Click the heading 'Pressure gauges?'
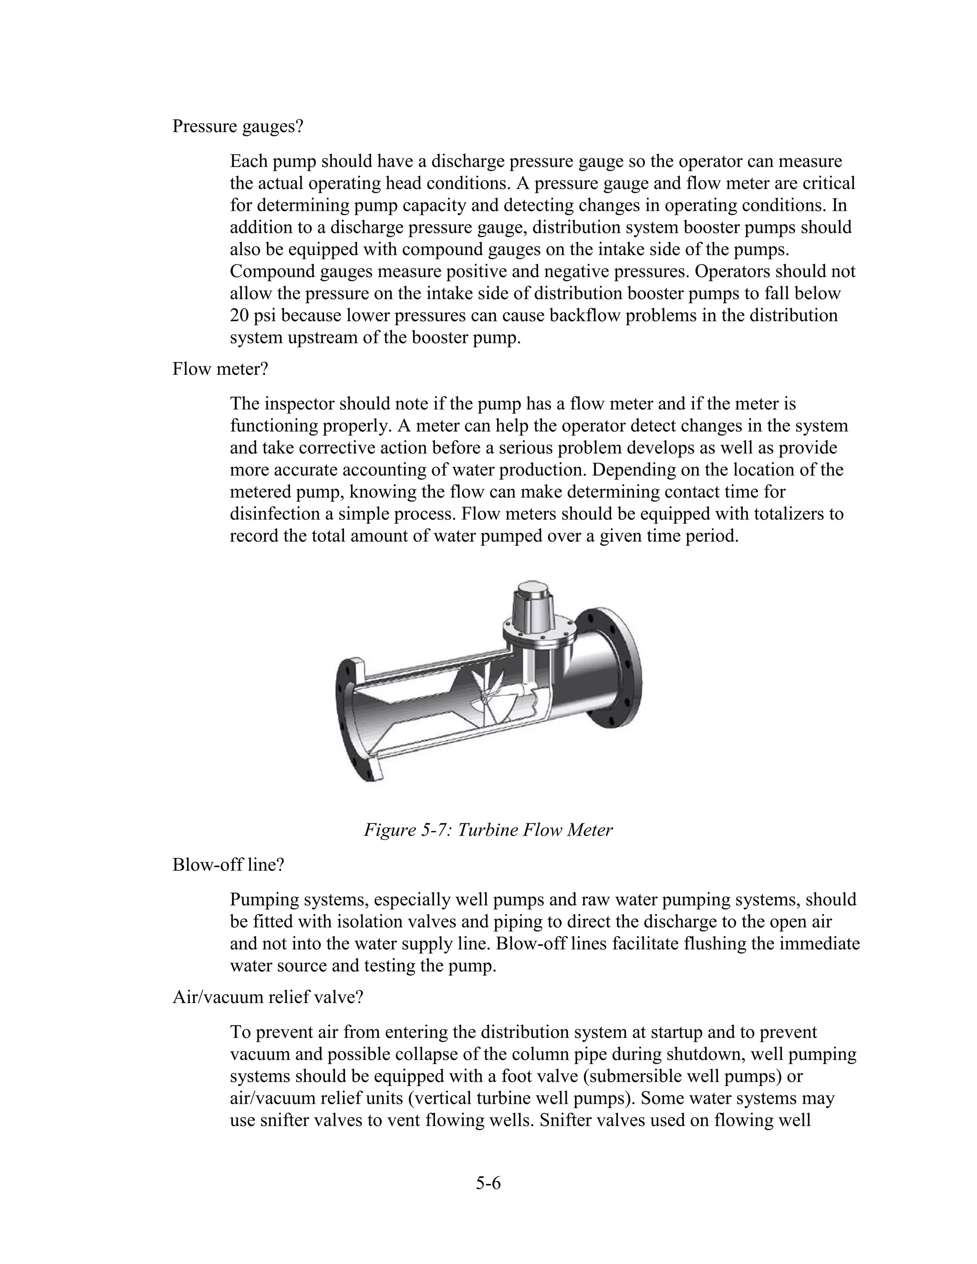pos(237,126)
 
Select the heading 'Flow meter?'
pos(220,369)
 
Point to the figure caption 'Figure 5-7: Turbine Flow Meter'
pos(488,830)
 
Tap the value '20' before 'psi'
pos(239,315)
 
